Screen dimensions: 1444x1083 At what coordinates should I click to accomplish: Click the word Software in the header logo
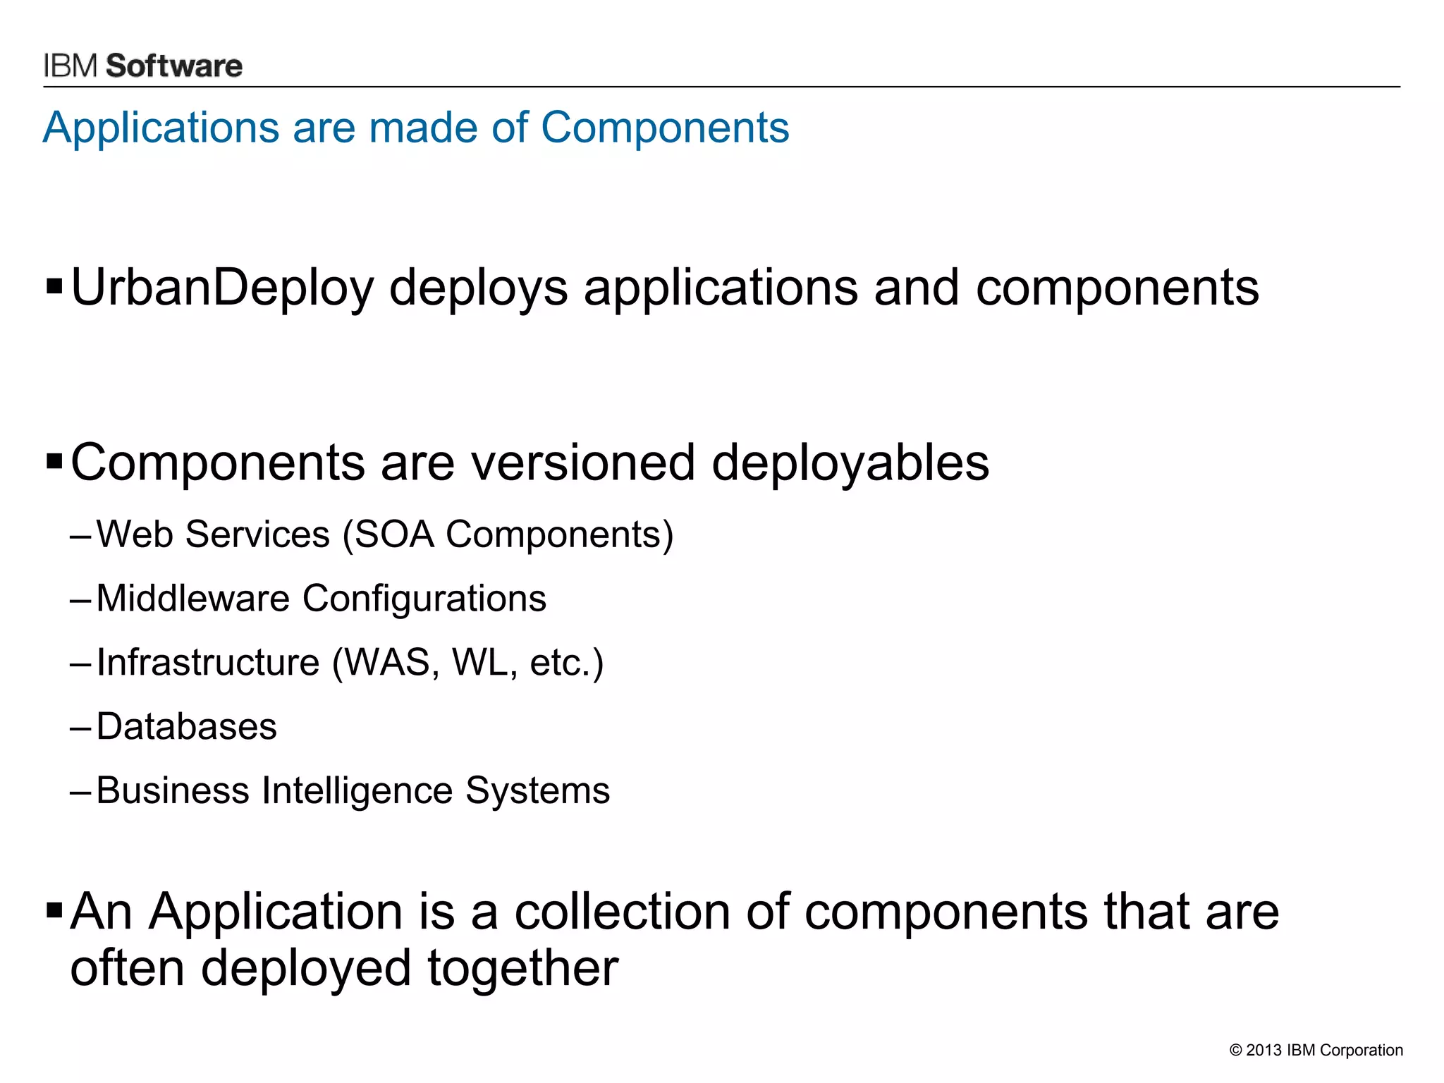pyautogui.click(x=173, y=66)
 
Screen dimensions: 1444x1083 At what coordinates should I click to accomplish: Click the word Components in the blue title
pyautogui.click(x=664, y=128)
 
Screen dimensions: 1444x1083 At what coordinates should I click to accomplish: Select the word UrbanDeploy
pyautogui.click(x=221, y=288)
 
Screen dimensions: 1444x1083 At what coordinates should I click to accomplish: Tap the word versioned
pyautogui.click(x=583, y=463)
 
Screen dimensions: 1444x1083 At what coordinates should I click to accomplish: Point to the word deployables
pyautogui.click(x=850, y=464)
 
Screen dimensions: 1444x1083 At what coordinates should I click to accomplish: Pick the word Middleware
pyautogui.click(x=192, y=599)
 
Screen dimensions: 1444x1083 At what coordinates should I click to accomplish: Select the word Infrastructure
pyautogui.click(x=208, y=663)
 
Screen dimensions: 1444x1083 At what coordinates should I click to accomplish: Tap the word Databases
pyautogui.click(x=186, y=727)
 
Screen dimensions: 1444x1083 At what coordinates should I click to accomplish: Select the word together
pyautogui.click(x=522, y=969)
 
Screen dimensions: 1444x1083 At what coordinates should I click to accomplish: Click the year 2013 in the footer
pyautogui.click(x=1263, y=1051)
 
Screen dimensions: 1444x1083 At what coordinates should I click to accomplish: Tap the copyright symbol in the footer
pyautogui.click(x=1235, y=1051)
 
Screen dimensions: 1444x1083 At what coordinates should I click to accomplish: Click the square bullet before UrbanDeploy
pyautogui.click(x=54, y=287)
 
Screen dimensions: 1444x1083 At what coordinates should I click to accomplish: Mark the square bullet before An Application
pyautogui.click(x=54, y=910)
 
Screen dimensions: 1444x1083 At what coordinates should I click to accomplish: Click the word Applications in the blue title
pyautogui.click(x=161, y=128)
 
